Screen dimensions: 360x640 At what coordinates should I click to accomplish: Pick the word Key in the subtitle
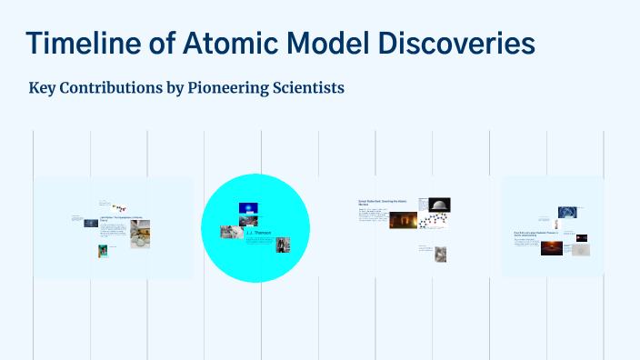[x=43, y=88]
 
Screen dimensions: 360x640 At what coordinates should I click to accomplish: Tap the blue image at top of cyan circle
[x=248, y=208]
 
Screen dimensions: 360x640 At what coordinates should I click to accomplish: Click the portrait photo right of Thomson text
[x=283, y=244]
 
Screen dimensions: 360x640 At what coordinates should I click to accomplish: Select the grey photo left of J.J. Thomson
[x=230, y=231]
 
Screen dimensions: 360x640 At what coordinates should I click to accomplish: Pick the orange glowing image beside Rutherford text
[x=403, y=221]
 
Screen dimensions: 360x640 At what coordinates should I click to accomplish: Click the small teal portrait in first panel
[x=104, y=251]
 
